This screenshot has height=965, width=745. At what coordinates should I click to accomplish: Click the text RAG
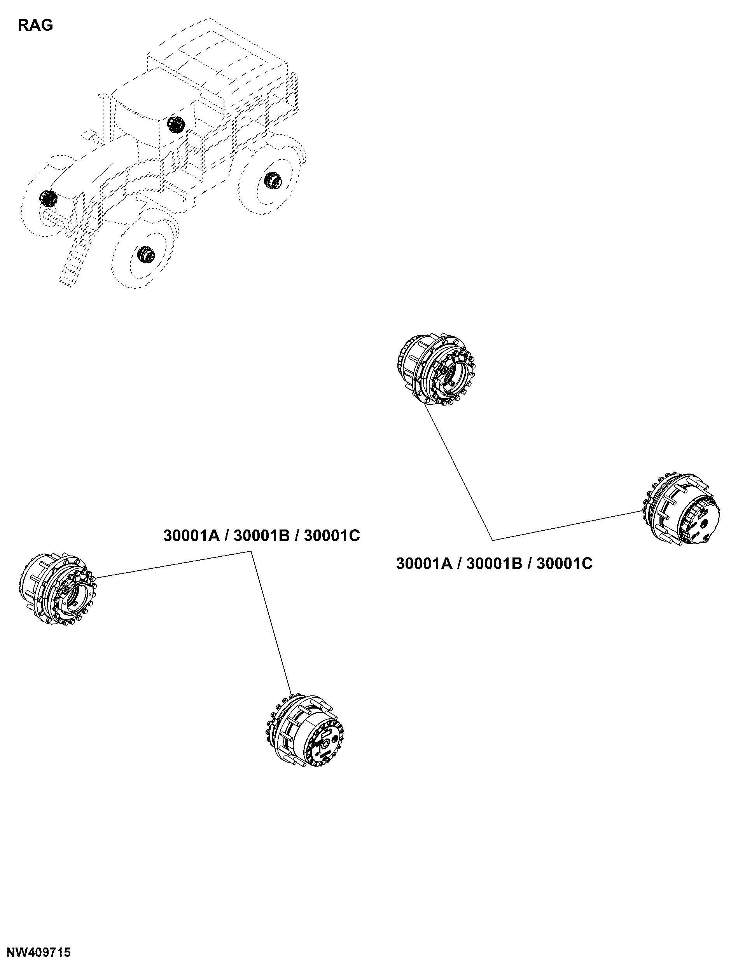pyautogui.click(x=35, y=26)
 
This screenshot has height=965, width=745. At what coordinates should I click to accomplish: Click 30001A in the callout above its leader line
pyautogui.click(x=192, y=535)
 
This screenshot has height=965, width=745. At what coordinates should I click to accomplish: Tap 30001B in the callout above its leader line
pyautogui.click(x=262, y=535)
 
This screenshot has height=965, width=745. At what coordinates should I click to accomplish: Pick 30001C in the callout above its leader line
pyautogui.click(x=332, y=535)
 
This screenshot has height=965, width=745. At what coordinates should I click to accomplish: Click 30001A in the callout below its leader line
pyautogui.click(x=425, y=564)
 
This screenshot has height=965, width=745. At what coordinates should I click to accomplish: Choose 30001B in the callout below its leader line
pyautogui.click(x=494, y=564)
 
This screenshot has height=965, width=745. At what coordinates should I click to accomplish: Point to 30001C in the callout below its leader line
pyautogui.click(x=565, y=564)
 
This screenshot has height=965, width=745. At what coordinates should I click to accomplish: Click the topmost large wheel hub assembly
pyautogui.click(x=436, y=370)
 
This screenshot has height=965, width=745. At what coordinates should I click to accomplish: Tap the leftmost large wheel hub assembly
pyautogui.click(x=58, y=589)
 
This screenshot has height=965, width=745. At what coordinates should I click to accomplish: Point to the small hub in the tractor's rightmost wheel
pyautogui.click(x=273, y=180)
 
